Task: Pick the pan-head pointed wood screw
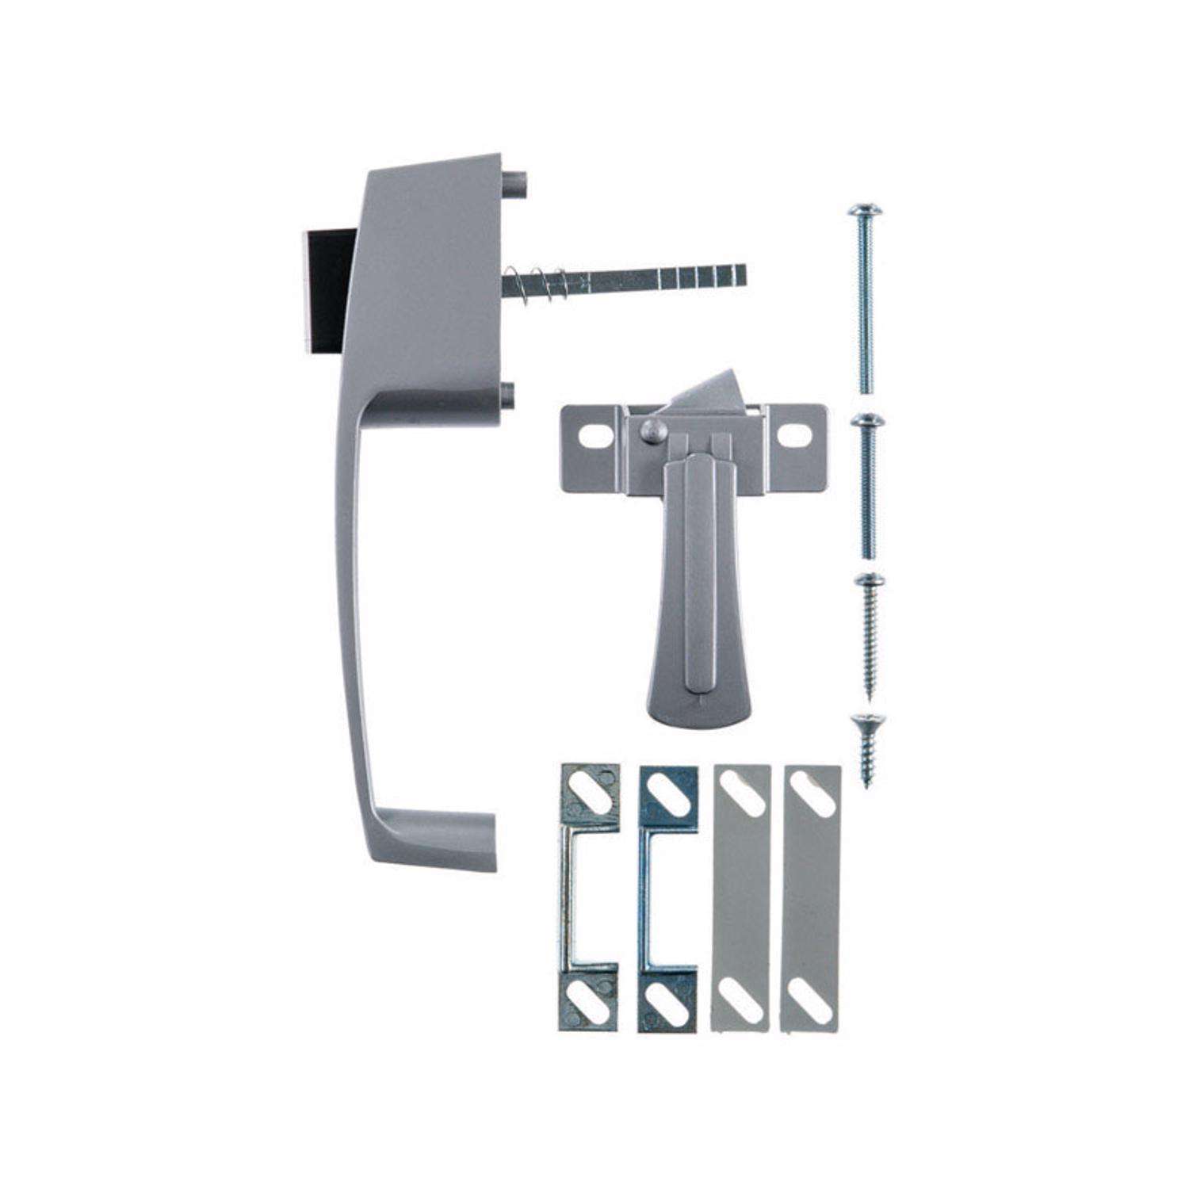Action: click(x=864, y=634)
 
